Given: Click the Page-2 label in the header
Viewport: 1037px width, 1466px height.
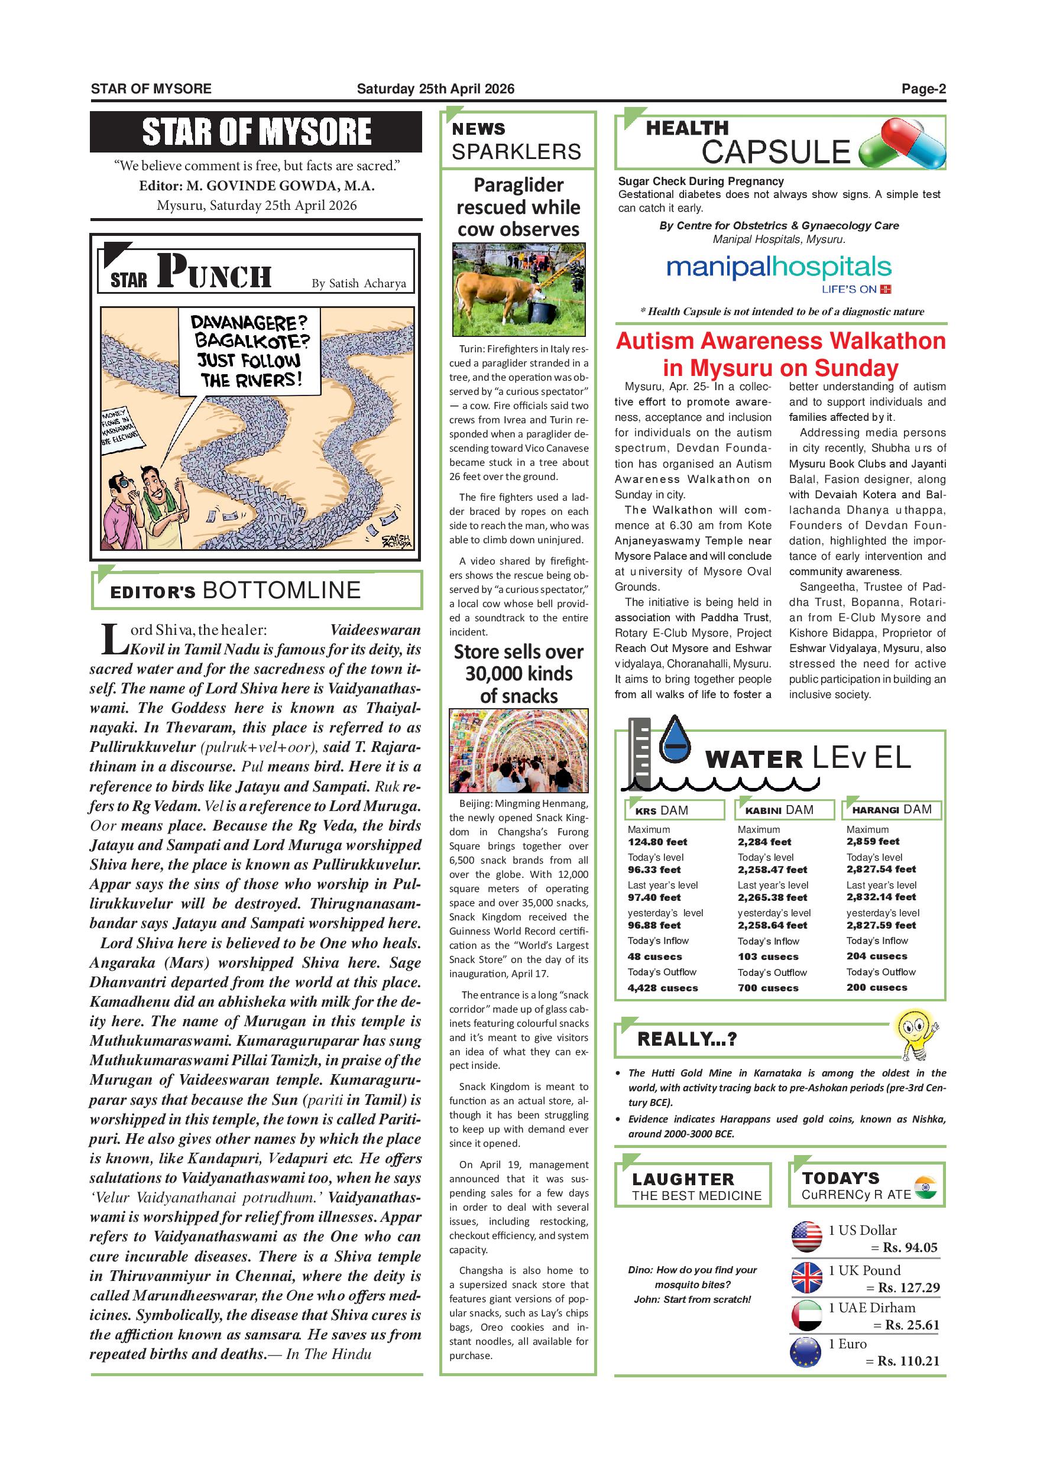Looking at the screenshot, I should click(x=923, y=89).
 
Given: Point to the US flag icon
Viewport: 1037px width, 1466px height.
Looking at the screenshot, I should click(x=806, y=1237).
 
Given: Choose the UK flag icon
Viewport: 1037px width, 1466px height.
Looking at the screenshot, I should click(x=806, y=1277).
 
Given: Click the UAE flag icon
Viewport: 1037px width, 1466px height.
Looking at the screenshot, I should click(x=806, y=1315).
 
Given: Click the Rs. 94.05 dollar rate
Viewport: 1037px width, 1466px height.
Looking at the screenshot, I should click(x=910, y=1247).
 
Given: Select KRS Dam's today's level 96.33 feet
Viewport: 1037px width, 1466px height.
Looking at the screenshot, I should click(x=654, y=870).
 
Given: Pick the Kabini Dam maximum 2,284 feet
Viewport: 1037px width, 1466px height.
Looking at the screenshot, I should click(x=764, y=842).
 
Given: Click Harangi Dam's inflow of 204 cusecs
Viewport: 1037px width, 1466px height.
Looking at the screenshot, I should click(x=877, y=956).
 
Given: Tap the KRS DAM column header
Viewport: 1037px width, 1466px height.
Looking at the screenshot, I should click(x=675, y=810).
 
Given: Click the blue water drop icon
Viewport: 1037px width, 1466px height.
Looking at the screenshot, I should click(x=675, y=741).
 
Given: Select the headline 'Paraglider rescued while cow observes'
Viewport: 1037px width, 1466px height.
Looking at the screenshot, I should click(x=518, y=207).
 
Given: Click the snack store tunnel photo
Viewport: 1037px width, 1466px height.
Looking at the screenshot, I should click(x=518, y=750).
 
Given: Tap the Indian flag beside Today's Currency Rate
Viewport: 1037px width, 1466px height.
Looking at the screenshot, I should click(x=925, y=1187).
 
